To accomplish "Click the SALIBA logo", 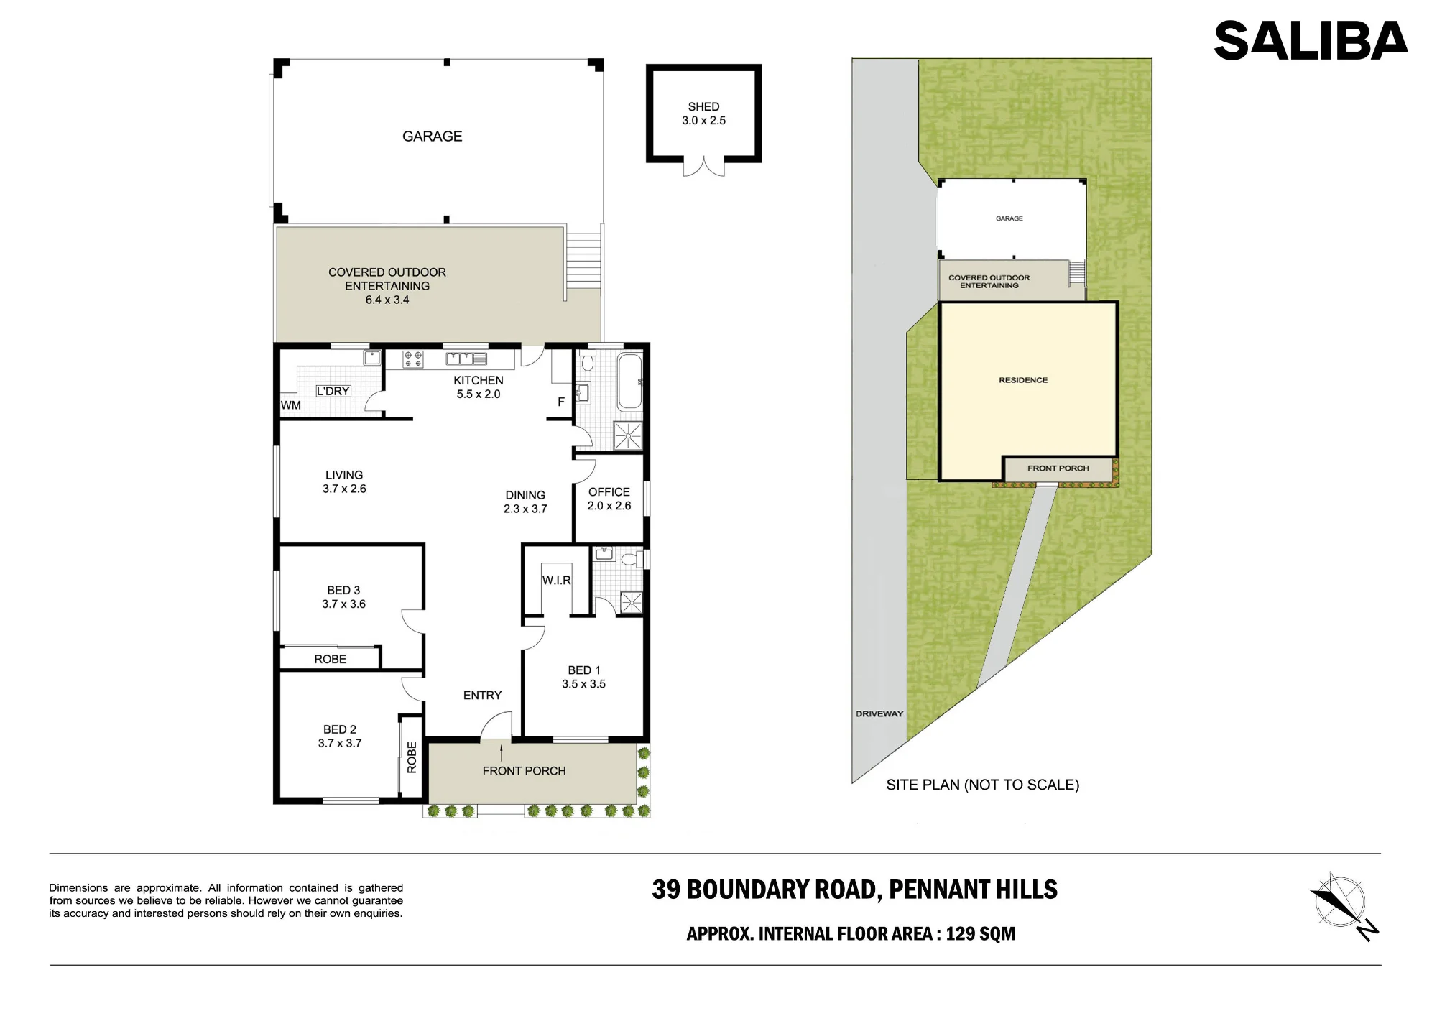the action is pos(1311,40).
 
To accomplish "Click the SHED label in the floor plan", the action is pos(703,106).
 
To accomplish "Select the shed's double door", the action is pos(704,167).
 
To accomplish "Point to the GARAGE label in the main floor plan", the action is pos(432,137).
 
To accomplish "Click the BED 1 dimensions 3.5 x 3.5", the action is pos(583,684).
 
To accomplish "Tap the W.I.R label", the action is pos(556,581).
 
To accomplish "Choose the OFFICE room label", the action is pos(609,492).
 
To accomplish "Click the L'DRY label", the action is pos(333,392).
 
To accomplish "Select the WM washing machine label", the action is pos(291,405).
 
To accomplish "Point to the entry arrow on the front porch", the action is pos(502,752).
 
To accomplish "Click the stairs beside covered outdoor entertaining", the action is pos(583,259).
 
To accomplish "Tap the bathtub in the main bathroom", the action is pos(630,382).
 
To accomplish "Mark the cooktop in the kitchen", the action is pos(413,359).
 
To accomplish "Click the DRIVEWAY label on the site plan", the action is pos(879,714).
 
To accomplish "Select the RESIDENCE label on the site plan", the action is pos(1023,380).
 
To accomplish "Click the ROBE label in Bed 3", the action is pos(330,660).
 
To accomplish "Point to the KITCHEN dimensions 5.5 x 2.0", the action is pos(479,394).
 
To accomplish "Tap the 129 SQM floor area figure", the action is pos(980,934).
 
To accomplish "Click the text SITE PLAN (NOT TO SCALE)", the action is pos(983,785).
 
